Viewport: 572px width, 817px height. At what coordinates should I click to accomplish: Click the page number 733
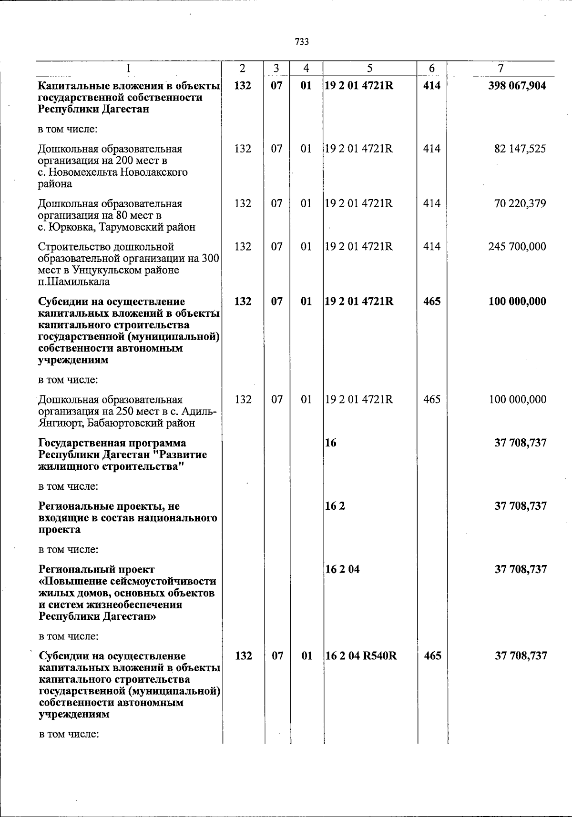coord(302,42)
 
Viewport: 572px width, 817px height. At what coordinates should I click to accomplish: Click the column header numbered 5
coord(370,69)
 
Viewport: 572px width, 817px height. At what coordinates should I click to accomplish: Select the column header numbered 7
coord(500,69)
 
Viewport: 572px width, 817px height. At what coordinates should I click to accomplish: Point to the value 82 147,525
coord(520,149)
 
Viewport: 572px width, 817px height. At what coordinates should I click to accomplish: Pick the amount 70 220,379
coord(520,203)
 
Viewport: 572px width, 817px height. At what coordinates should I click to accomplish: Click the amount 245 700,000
coord(517,247)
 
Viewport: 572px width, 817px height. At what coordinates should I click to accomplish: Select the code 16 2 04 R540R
coord(361,656)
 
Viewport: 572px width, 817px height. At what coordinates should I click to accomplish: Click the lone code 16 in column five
coord(330,443)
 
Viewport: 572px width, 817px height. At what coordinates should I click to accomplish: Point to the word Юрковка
coord(67,227)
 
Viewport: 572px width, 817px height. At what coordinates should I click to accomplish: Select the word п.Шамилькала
coord(74,282)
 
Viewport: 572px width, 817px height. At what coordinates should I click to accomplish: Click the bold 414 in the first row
coord(432,86)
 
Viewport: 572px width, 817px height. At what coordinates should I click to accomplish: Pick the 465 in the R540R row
coord(432,656)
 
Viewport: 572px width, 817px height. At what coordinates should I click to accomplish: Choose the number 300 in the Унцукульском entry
coord(210,259)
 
